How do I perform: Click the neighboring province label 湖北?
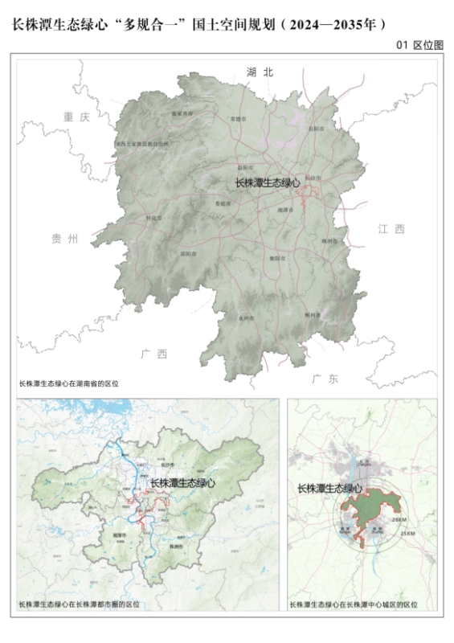pyautogui.click(x=260, y=72)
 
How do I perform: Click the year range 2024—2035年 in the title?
pyautogui.click(x=337, y=24)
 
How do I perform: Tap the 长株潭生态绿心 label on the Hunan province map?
pyautogui.click(x=267, y=183)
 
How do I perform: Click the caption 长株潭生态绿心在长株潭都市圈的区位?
pyautogui.click(x=79, y=604)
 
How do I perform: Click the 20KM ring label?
pyautogui.click(x=399, y=520)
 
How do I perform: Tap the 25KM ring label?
pyautogui.click(x=407, y=534)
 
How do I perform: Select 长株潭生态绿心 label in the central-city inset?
pyautogui.click(x=329, y=488)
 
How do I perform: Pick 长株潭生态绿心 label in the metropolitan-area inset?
pyautogui.click(x=183, y=483)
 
